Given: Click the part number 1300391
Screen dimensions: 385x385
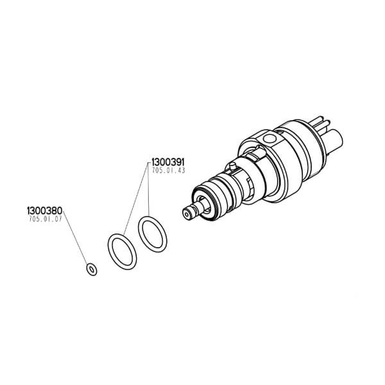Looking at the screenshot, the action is pyautogui.click(x=168, y=162).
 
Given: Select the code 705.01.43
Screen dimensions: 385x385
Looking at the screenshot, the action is pyautogui.click(x=168, y=171).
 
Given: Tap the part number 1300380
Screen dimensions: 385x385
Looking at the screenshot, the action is pyautogui.click(x=45, y=210).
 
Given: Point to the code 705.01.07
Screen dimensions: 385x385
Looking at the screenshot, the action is pyautogui.click(x=46, y=219).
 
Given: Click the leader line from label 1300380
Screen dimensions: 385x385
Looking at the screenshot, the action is pyautogui.click(x=75, y=237).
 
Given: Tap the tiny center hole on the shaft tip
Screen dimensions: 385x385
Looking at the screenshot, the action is pyautogui.click(x=187, y=215).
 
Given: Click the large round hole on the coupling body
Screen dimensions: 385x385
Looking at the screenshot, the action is pyautogui.click(x=269, y=139).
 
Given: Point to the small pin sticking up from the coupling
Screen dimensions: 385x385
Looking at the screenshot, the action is pyautogui.click(x=232, y=166).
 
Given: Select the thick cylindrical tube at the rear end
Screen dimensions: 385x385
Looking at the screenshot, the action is pyautogui.click(x=334, y=141).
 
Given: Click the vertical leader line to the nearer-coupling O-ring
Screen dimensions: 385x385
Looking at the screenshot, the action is pyautogui.click(x=148, y=189).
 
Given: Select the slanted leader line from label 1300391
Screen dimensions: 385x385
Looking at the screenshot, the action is pyautogui.click(x=135, y=199).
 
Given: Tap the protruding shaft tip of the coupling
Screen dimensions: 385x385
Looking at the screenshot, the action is pyautogui.click(x=192, y=210).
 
